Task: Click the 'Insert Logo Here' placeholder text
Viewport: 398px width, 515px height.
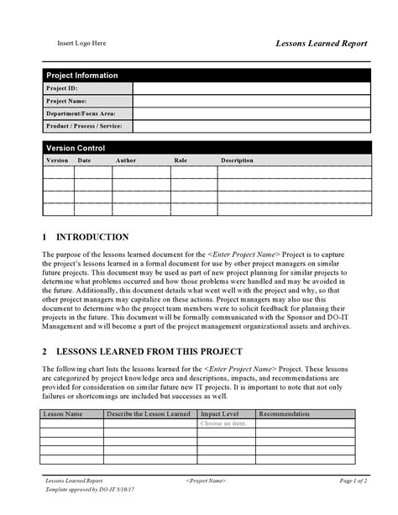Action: (81, 43)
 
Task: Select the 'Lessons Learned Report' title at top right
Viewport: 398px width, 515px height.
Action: (322, 43)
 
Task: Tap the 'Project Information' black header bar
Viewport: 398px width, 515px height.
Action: (207, 75)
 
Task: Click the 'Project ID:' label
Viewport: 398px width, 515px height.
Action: (63, 87)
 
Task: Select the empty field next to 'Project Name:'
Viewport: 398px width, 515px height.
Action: (251, 101)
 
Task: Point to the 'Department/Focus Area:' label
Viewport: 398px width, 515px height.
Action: (81, 113)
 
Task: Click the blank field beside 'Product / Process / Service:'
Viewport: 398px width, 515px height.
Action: (251, 126)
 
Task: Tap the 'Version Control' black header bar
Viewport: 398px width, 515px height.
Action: (207, 148)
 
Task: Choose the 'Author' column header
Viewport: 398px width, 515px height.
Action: (125, 160)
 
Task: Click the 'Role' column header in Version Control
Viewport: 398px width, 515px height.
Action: (181, 160)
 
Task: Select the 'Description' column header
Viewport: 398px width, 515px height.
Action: (237, 160)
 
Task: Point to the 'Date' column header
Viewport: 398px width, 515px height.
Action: (84, 160)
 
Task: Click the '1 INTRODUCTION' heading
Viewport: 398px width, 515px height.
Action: (86, 237)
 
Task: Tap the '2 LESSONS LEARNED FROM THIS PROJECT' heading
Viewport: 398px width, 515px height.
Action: (142, 351)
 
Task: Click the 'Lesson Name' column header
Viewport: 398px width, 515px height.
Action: (63, 413)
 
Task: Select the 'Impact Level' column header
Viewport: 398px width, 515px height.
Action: (219, 413)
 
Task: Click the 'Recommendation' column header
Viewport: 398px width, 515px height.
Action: (285, 413)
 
